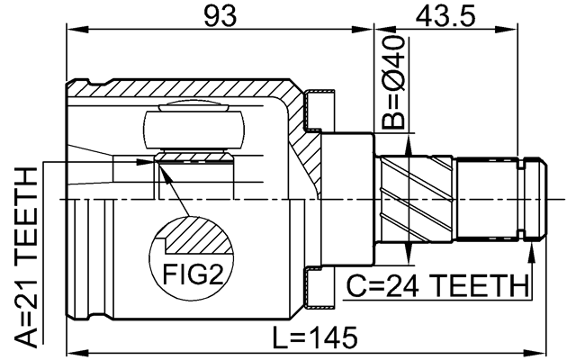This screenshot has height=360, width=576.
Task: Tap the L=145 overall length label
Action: pyautogui.click(x=317, y=338)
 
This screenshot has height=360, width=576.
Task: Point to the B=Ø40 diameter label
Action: pyautogui.click(x=393, y=83)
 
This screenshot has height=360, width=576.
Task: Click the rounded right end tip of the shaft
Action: pyautogui.click(x=541, y=197)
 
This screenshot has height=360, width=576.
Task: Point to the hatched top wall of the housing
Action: pyautogui.click(x=180, y=90)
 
